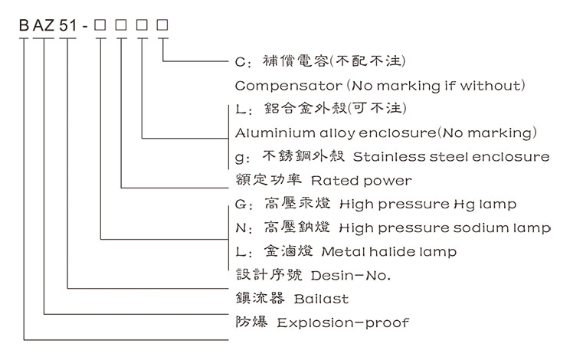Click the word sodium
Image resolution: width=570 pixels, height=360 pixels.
click(x=474, y=228)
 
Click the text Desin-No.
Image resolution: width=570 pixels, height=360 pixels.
click(x=323, y=274)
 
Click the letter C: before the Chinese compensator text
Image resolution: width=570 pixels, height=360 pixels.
click(x=241, y=61)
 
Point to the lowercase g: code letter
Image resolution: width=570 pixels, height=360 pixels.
click(x=239, y=158)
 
